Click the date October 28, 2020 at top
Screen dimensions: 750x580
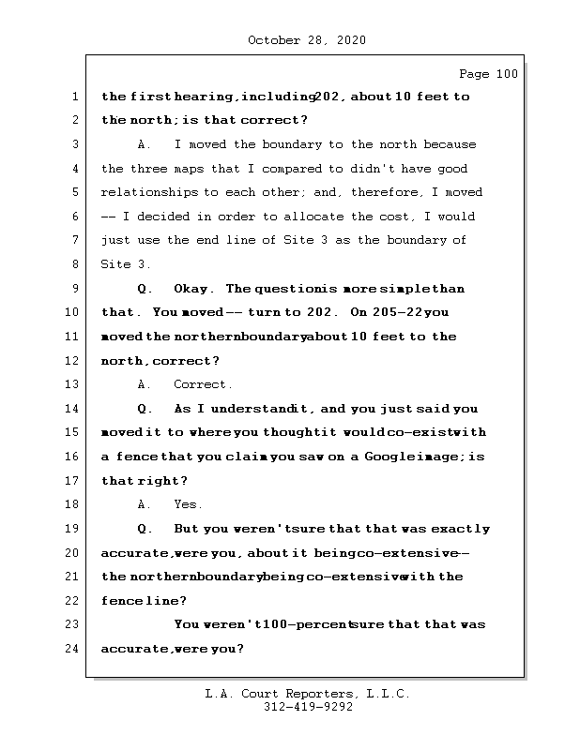click(307, 40)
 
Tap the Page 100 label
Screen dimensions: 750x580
click(488, 74)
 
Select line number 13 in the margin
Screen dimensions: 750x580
click(73, 384)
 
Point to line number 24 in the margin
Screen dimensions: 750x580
click(73, 648)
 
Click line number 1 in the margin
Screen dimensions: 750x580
click(73, 97)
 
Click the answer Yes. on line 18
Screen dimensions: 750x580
click(188, 504)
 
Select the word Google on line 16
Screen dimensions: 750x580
click(376, 457)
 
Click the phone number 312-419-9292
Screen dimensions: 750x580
click(308, 708)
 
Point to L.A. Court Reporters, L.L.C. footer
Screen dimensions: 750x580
click(308, 694)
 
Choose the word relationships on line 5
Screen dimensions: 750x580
click(149, 192)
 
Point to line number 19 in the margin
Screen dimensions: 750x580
click(73, 529)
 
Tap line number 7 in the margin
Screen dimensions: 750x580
click(73, 240)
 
